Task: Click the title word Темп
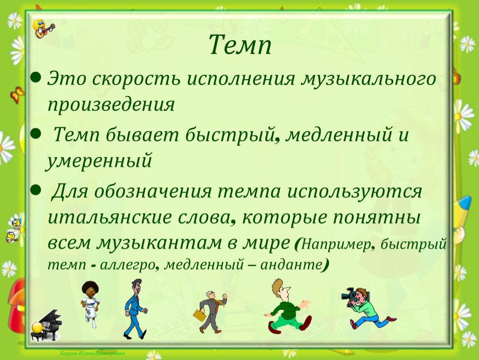click(x=240, y=45)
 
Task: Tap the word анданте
click(x=292, y=265)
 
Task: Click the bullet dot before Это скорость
click(x=36, y=77)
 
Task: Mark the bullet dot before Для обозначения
click(x=36, y=190)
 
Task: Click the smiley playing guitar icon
click(x=43, y=28)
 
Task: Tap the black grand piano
click(x=46, y=326)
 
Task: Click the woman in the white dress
click(x=90, y=305)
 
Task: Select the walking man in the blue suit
click(x=135, y=309)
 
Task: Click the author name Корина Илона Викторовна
click(x=92, y=354)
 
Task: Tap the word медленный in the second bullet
click(x=339, y=135)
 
